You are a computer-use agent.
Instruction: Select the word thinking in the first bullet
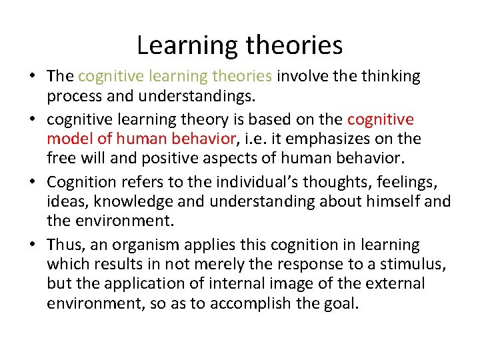click(x=391, y=76)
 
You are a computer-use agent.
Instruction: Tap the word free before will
click(x=60, y=158)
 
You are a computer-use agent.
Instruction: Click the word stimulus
click(x=411, y=264)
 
